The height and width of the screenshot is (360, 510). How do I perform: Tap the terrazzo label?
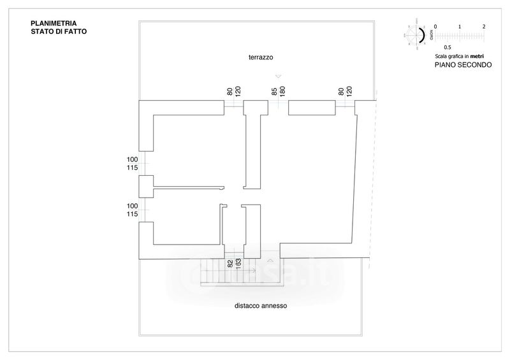tap(261, 57)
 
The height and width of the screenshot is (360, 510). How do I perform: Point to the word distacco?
tap(247, 306)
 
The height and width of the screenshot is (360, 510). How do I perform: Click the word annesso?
tap(275, 306)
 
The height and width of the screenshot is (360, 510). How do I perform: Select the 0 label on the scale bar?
tap(435, 27)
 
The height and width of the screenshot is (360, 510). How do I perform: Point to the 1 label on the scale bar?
tap(460, 27)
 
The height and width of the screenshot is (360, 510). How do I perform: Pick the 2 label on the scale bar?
tap(484, 27)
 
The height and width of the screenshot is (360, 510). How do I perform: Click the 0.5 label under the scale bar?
tap(448, 47)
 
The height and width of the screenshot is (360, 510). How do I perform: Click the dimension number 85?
tap(274, 92)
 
